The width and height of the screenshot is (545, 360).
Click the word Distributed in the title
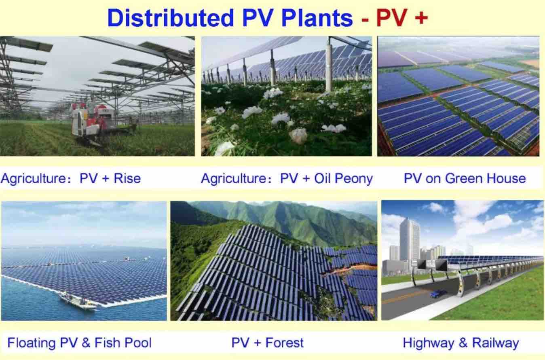pyautogui.click(x=171, y=18)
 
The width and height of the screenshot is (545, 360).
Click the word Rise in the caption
pyautogui.click(x=127, y=178)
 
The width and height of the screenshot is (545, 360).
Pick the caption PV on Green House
pyautogui.click(x=465, y=178)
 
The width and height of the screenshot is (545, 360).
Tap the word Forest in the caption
pyautogui.click(x=284, y=343)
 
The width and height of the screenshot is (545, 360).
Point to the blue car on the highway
pyautogui.click(x=438, y=294)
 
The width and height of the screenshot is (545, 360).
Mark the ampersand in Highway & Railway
pyautogui.click(x=463, y=343)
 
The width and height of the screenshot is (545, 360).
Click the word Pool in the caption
pyautogui.click(x=138, y=343)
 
